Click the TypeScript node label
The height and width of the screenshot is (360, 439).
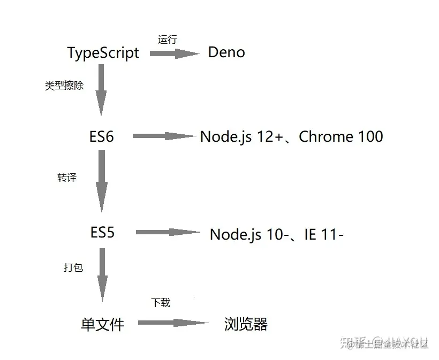click(103, 53)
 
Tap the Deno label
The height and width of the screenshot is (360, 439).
click(226, 52)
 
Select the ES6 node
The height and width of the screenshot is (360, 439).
click(102, 136)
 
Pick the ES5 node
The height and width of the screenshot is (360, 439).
click(102, 233)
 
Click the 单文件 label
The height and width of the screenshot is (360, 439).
click(102, 324)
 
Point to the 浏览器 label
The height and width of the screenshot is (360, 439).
click(246, 324)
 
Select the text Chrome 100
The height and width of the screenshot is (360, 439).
click(341, 136)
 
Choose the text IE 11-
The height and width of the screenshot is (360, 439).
click(323, 234)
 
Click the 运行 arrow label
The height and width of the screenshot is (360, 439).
click(167, 39)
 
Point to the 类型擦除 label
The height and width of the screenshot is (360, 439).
click(64, 86)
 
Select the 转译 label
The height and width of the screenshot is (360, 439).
click(67, 178)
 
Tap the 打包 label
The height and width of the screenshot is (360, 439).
click(73, 267)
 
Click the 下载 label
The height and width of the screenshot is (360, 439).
click(161, 303)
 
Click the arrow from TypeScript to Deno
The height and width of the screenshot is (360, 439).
click(174, 53)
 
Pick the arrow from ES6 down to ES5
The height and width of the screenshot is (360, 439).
click(101, 182)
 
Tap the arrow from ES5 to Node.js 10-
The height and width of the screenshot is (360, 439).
click(168, 232)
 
